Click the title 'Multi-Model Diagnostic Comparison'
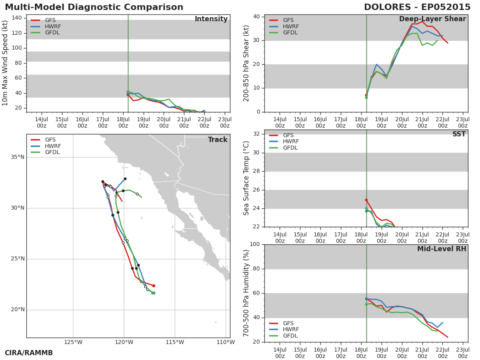94,7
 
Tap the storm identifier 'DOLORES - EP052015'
417,7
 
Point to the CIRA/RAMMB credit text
29,353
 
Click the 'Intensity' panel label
211,19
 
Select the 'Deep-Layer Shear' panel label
432,19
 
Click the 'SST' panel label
459,134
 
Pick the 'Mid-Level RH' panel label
442,249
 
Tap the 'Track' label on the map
218,140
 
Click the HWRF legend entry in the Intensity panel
46,26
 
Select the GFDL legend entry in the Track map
45,152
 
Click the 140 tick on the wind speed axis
17,18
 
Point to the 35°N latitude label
18,157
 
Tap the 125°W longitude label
73,342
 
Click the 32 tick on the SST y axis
256,134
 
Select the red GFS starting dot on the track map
154,286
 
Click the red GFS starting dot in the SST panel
366,200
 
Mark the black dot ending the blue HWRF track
125,179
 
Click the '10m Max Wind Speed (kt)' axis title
4,63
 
